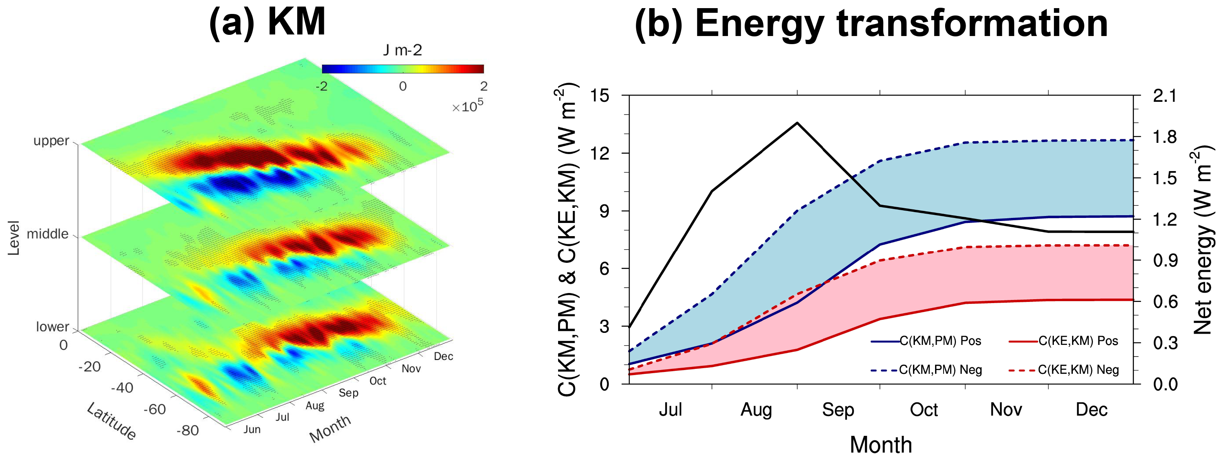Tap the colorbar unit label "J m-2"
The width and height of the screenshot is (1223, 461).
point(402,50)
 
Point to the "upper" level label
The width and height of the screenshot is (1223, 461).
point(51,141)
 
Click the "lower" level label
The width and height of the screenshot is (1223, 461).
point(52,327)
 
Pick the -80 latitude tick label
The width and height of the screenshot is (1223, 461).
point(188,430)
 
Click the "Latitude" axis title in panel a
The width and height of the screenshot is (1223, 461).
point(111,421)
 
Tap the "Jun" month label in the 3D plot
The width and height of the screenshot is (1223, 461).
point(252,429)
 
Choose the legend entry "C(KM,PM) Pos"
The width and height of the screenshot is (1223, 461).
point(940,341)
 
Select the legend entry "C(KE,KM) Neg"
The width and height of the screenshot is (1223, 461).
point(1078,370)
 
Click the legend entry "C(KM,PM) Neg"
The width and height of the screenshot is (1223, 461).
point(940,370)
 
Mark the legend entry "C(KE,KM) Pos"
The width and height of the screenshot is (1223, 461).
point(1078,341)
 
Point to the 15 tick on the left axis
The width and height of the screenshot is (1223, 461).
point(599,96)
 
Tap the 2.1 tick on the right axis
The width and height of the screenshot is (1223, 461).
point(1165,96)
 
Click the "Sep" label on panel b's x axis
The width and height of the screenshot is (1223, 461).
point(838,410)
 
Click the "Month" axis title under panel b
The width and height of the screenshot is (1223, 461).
point(881,445)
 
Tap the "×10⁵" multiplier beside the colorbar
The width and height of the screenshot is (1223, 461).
point(467,106)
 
